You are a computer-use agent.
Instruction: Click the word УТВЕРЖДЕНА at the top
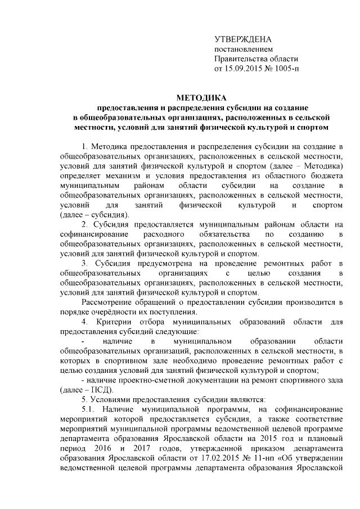click(243, 39)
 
